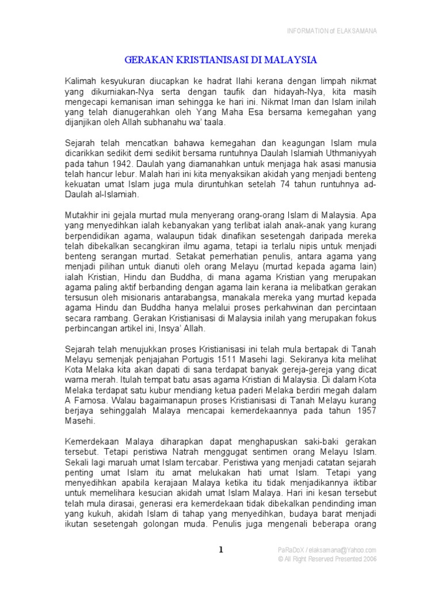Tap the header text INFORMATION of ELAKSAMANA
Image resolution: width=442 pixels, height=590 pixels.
[332, 31]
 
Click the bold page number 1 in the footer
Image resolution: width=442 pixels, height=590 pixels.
[220, 550]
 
